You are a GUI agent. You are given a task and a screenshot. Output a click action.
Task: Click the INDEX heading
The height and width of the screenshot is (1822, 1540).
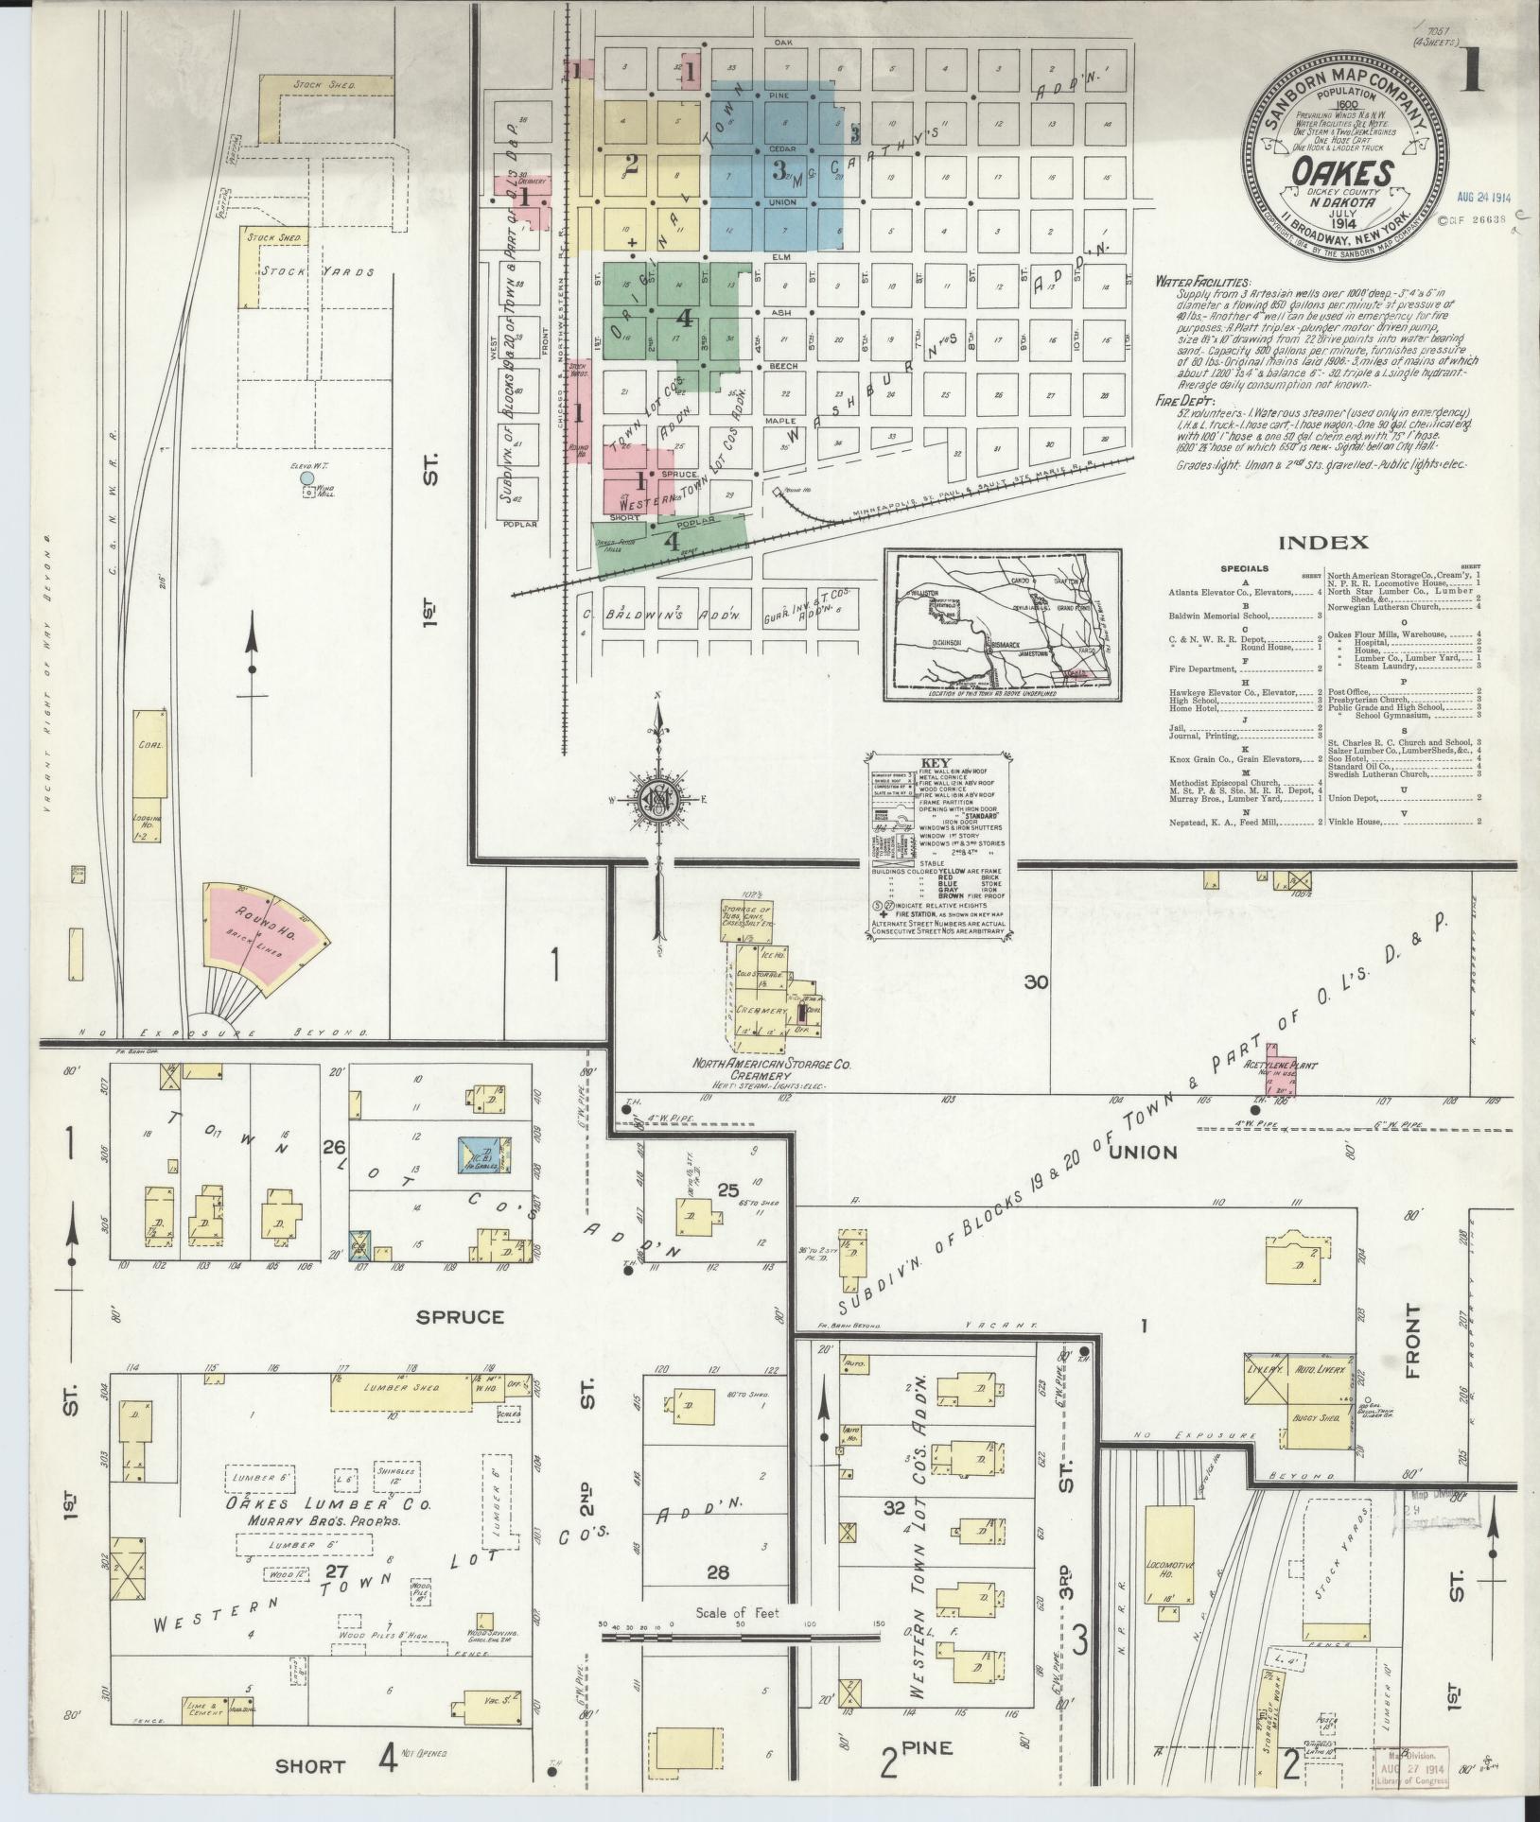click(1323, 543)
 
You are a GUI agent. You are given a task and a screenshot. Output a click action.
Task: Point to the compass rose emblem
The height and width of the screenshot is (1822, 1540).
click(656, 798)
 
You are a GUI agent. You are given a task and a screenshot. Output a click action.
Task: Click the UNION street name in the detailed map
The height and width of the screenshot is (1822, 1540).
click(1143, 1152)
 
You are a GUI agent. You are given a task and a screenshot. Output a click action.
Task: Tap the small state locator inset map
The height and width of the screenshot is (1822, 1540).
click(1003, 624)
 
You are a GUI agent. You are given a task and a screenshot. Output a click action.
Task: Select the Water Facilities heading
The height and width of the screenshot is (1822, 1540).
click(1202, 283)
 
